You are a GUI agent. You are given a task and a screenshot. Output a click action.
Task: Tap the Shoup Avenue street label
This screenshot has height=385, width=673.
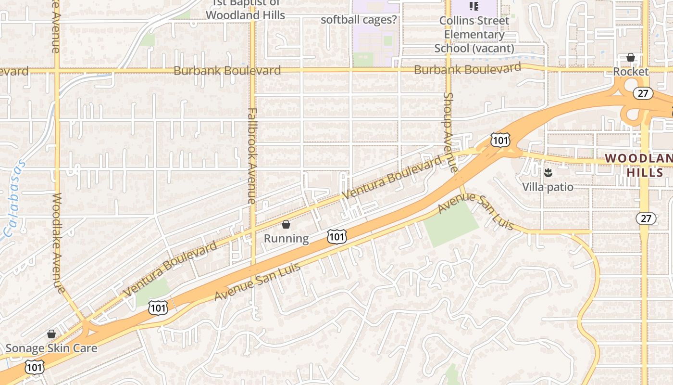pyautogui.click(x=449, y=132)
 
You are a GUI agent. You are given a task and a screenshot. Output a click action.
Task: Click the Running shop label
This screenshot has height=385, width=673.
pyautogui.click(x=287, y=238)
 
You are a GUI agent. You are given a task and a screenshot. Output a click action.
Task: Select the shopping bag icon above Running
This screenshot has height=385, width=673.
pyautogui.click(x=286, y=224)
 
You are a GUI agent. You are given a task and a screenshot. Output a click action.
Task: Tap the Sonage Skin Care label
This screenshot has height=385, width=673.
pyautogui.click(x=51, y=348)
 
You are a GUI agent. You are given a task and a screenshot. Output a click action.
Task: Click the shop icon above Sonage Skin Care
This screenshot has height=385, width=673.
pyautogui.click(x=51, y=334)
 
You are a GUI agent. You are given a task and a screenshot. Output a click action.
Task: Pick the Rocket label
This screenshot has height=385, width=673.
pyautogui.click(x=631, y=71)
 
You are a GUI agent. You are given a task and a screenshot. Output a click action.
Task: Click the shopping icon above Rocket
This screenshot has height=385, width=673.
pyautogui.click(x=631, y=58)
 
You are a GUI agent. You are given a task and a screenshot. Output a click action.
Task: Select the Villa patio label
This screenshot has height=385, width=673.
pyautogui.click(x=548, y=186)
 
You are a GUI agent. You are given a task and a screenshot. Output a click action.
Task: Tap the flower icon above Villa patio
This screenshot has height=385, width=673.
pyautogui.click(x=548, y=173)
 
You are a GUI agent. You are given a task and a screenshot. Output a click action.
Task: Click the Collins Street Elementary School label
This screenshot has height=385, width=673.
pyautogui.click(x=474, y=34)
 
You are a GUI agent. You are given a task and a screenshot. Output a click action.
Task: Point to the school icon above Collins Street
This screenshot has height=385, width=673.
pyautogui.click(x=474, y=6)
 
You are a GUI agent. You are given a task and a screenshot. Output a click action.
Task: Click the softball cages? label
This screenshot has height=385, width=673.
pyautogui.click(x=359, y=20)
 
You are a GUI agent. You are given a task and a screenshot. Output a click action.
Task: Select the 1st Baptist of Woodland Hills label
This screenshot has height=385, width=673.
pyautogui.click(x=245, y=10)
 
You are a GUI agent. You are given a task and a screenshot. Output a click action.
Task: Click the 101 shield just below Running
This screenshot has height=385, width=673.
pyautogui.click(x=336, y=236)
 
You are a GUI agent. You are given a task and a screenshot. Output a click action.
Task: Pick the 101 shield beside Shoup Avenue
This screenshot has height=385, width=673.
pyautogui.click(x=500, y=140)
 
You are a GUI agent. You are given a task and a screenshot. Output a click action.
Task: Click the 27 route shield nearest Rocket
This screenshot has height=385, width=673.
pyautogui.click(x=643, y=93)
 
